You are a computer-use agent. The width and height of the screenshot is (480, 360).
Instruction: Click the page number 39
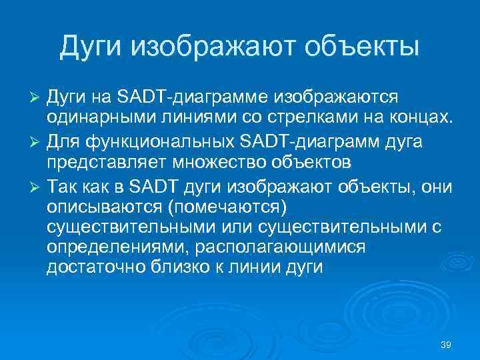[x=446, y=345]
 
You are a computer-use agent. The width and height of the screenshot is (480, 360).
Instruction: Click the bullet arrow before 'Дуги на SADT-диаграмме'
[x=37, y=97]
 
